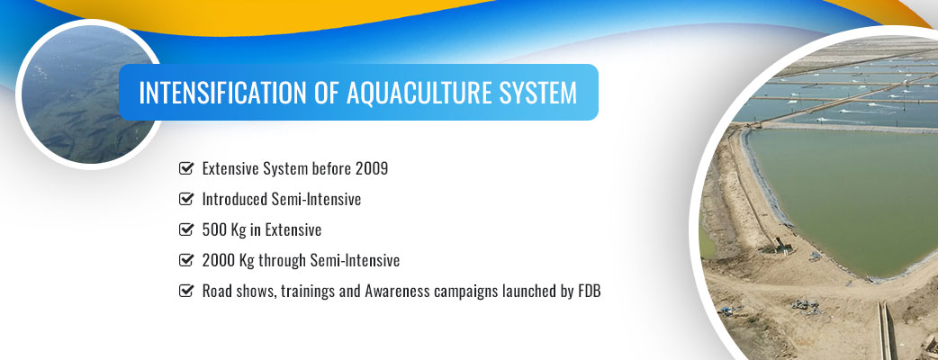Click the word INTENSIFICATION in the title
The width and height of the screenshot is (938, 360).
[x=219, y=93]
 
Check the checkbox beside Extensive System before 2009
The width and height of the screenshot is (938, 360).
[x=186, y=168]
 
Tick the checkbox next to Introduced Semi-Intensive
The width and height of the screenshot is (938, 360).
[x=186, y=199]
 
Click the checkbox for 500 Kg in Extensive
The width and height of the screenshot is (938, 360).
[x=186, y=229]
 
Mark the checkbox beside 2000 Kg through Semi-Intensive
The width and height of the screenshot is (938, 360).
[x=186, y=260]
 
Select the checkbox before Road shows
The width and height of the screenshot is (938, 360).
[x=186, y=292]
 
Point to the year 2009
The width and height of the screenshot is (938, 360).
[x=372, y=168]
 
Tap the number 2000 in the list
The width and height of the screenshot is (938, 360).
[x=215, y=260]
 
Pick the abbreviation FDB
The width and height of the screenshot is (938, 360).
[x=589, y=292]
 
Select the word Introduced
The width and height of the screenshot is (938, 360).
[x=235, y=199]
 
